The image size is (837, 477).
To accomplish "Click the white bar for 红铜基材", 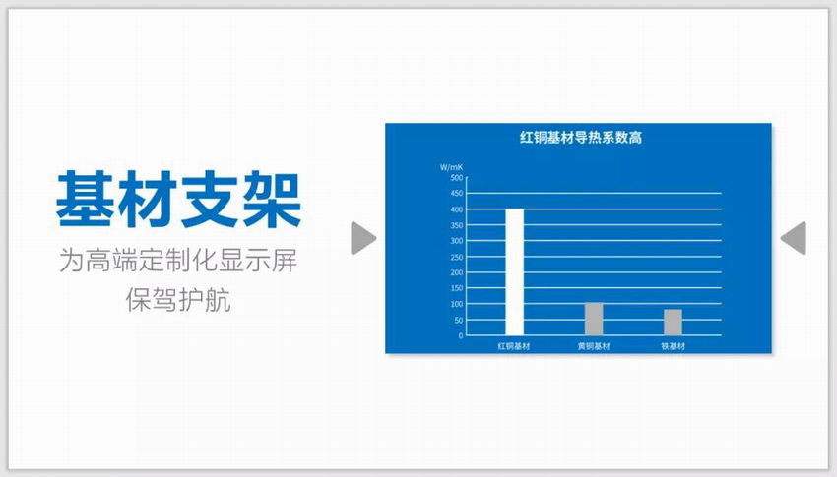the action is coord(515,272).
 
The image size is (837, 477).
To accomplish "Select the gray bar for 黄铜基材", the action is coord(594,320).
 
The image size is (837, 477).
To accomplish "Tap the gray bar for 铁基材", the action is coord(673,323).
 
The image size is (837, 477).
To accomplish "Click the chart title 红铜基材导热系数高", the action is coord(581,138).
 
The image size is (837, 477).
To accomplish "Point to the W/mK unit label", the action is coord(451,167).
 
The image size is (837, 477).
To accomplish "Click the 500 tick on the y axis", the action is coord(457,177).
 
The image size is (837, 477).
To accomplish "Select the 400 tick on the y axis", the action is coord(457,209).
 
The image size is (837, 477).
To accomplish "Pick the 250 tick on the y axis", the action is coord(457,257).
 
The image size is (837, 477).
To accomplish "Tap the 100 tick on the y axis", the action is coord(457,304).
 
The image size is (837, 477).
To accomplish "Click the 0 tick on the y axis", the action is coord(461,335).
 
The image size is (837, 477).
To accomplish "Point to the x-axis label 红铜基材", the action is coord(514,346).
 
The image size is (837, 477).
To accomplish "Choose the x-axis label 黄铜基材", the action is coord(594,346).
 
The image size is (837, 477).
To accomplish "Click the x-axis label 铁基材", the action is coord(674,346).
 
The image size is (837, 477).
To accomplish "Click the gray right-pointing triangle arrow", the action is coord(362,238).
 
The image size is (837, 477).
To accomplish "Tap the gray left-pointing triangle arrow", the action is coord(796,238).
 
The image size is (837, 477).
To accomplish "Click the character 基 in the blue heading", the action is coord(85,200).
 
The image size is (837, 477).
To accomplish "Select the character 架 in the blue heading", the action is coord(272,200).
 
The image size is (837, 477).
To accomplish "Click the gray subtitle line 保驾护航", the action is coord(178,300).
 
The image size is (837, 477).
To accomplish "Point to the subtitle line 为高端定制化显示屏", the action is coord(178,260).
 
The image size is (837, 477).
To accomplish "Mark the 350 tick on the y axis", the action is coord(457,225).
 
